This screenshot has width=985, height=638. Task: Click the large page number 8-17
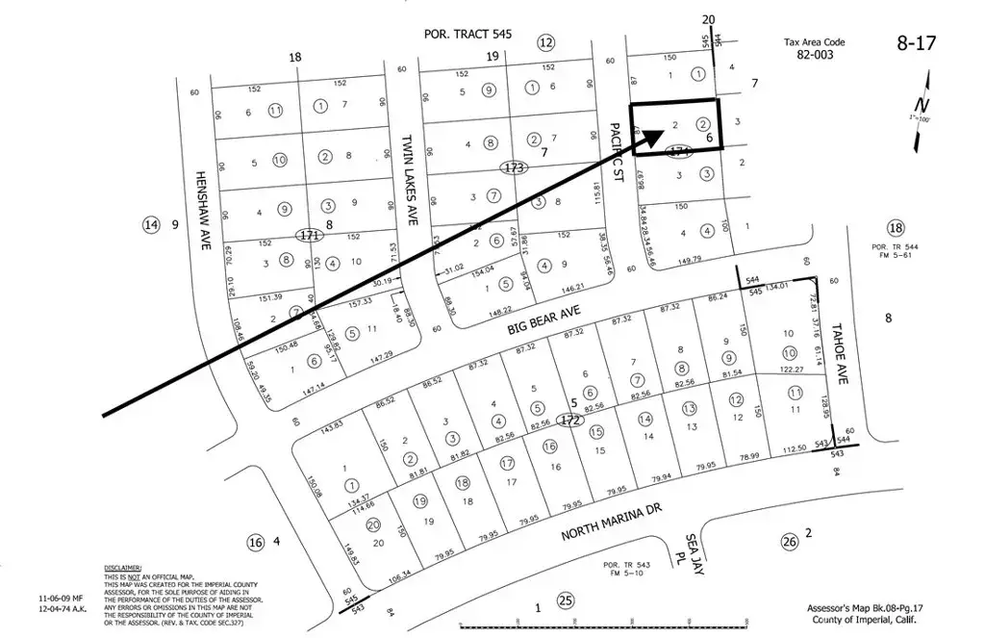(x=917, y=42)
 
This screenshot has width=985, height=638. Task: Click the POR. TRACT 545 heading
(x=467, y=35)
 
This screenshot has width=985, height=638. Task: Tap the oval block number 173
(x=515, y=167)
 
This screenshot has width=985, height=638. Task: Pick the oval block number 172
(x=571, y=421)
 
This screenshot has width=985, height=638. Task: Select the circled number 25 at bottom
(x=567, y=602)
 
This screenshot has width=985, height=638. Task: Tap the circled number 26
(x=790, y=542)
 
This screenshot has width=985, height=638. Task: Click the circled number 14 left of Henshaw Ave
(x=149, y=225)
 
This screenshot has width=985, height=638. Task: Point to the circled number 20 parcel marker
(x=372, y=523)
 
